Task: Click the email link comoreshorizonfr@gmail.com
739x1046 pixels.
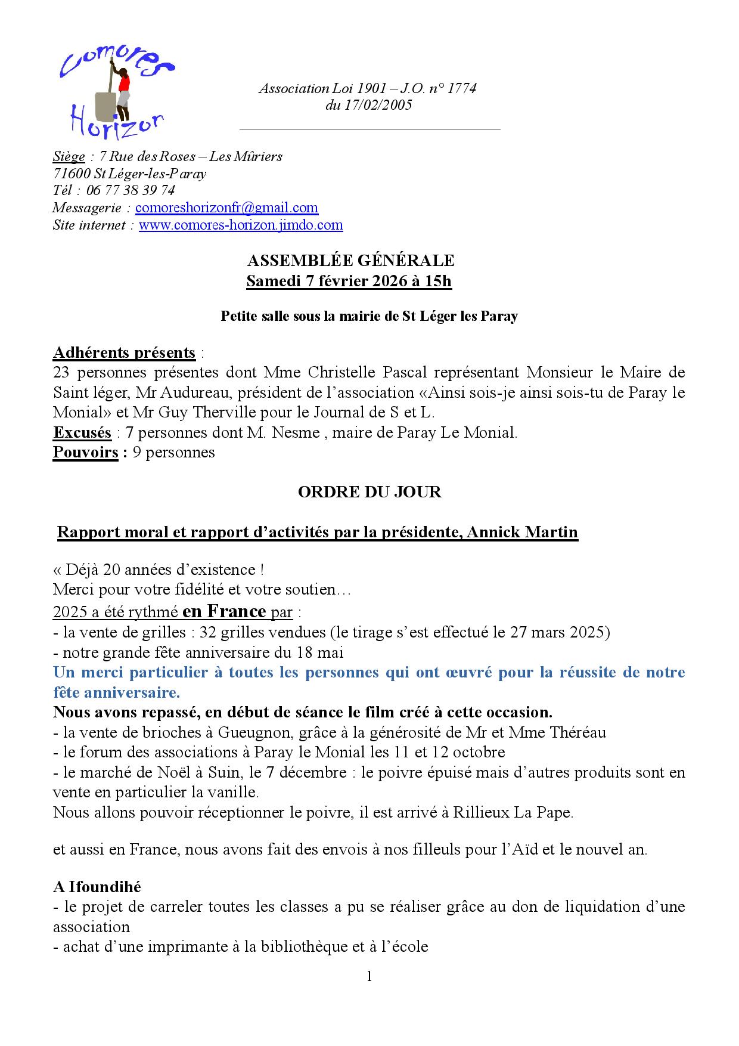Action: [226, 208]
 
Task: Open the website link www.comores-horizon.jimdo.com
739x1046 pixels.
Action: [241, 225]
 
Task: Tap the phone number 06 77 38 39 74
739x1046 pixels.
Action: [131, 191]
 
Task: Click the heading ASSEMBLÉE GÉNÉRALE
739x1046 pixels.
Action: [350, 261]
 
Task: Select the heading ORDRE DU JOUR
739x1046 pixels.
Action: [369, 492]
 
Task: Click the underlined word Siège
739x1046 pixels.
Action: [69, 157]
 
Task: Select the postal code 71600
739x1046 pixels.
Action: [72, 174]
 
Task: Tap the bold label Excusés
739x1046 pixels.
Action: [82, 432]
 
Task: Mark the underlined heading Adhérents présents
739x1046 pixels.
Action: [124, 353]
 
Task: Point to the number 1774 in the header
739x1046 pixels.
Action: [461, 89]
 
